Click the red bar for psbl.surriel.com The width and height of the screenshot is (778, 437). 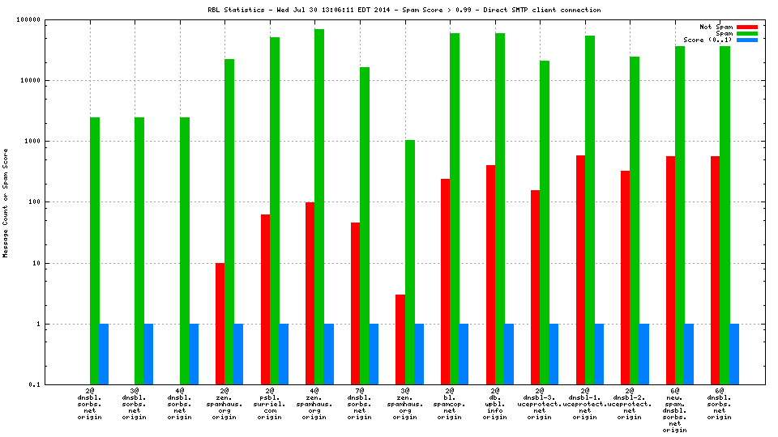click(266, 299)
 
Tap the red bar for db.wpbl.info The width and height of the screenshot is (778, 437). click(490, 274)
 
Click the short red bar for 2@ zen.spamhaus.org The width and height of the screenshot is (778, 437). click(220, 324)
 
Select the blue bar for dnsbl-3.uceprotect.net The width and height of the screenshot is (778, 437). click(554, 354)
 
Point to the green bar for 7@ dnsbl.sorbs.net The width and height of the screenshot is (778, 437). click(365, 226)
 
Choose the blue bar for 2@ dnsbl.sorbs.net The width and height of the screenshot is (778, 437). click(104, 354)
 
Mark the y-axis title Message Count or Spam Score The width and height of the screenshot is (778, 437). click(6, 202)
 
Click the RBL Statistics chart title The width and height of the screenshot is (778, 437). click(404, 10)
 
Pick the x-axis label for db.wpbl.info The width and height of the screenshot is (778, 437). click(494, 405)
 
